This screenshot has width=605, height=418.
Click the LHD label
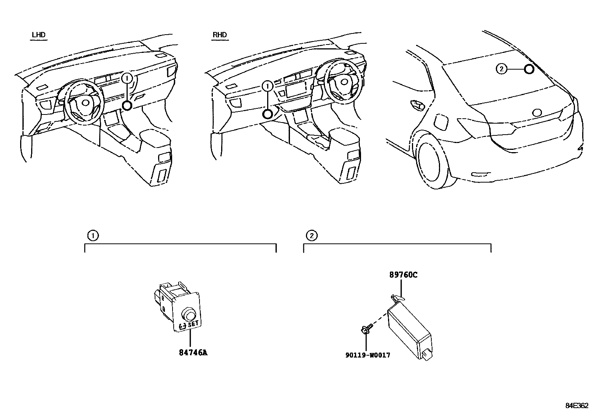(x=39, y=35)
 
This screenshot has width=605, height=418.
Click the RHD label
(x=220, y=35)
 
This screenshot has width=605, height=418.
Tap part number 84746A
(x=193, y=353)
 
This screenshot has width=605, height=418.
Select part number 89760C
(x=403, y=275)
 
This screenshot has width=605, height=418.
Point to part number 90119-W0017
(x=367, y=355)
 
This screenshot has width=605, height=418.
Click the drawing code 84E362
(x=576, y=406)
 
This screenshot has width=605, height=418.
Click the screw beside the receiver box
(x=365, y=329)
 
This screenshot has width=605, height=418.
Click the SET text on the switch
(x=193, y=324)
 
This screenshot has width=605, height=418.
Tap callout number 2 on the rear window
(x=502, y=69)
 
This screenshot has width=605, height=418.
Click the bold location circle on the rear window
(x=529, y=69)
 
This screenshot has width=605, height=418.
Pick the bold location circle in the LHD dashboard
(x=128, y=105)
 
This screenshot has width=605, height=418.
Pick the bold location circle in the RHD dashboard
(x=268, y=113)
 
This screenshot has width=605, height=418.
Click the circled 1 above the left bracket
(x=92, y=235)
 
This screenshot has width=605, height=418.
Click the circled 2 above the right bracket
(x=311, y=235)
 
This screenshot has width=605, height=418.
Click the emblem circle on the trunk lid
(x=537, y=113)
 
